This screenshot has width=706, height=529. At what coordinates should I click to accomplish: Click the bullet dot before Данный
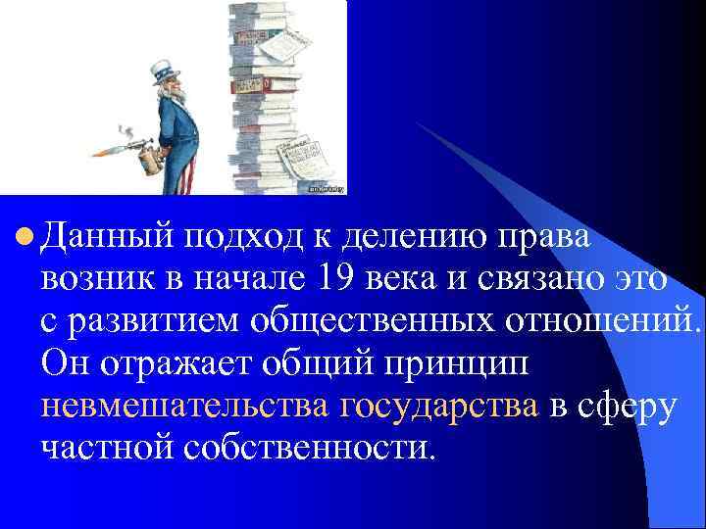pos(26,236)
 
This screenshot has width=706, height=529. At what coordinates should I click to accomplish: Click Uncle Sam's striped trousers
pos(184,171)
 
